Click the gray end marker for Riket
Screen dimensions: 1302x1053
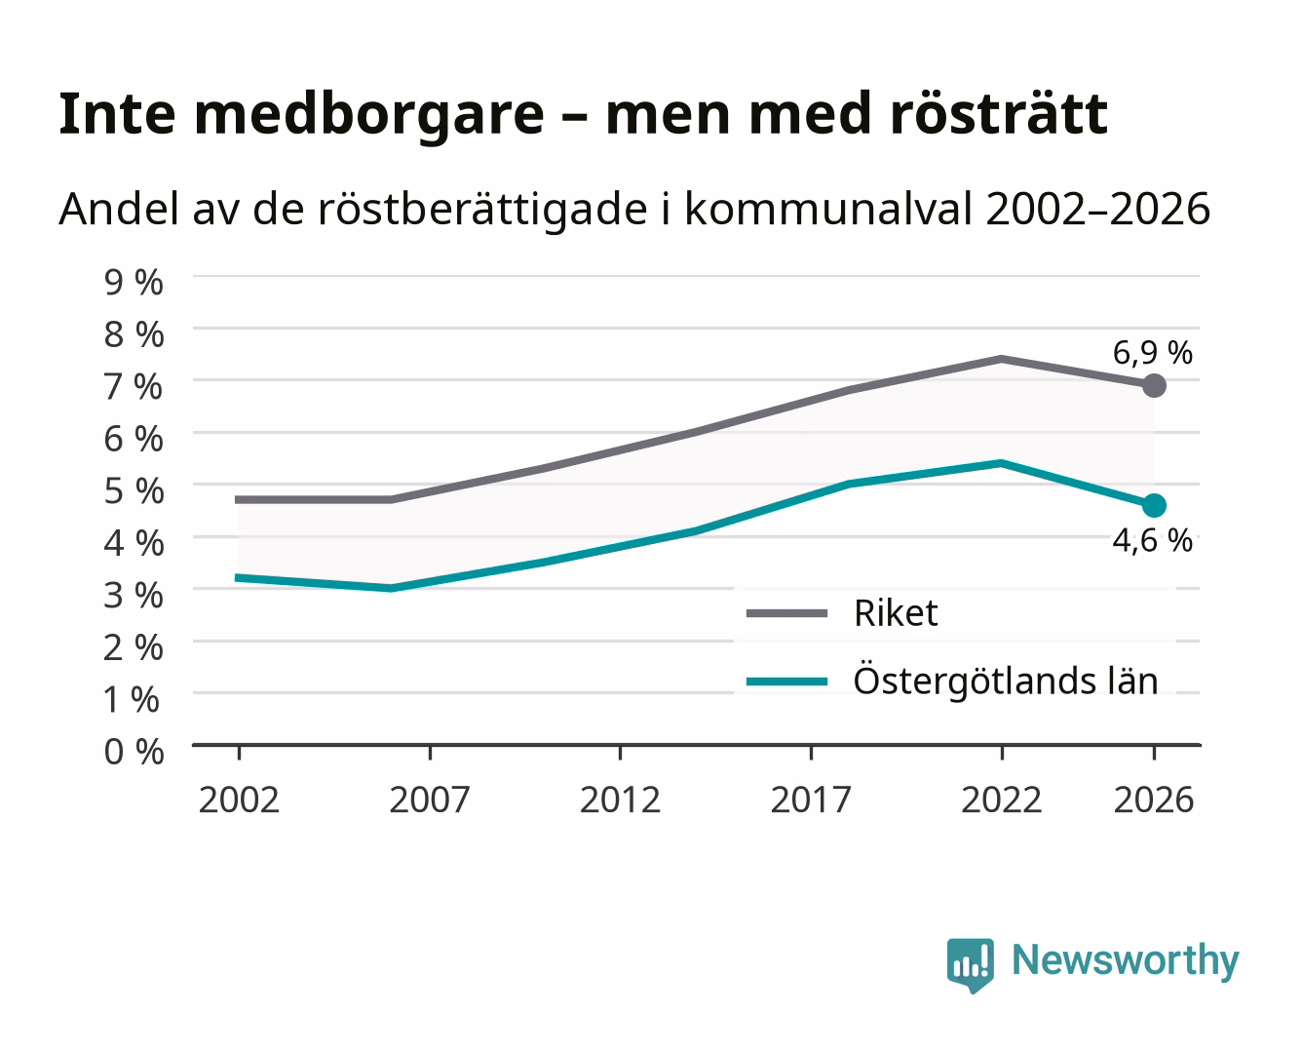1154,385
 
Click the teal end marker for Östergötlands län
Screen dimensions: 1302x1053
1154,505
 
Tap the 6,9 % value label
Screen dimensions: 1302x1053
1152,353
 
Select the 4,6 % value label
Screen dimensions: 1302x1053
1152,540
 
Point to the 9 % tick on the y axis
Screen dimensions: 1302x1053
134,283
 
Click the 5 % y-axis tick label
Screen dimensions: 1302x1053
134,490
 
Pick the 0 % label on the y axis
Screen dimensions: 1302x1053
134,751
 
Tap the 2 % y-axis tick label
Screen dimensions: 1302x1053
134,647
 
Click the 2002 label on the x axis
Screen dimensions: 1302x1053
239,799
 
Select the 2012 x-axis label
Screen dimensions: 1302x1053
621,799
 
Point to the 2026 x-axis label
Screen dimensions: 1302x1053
1154,799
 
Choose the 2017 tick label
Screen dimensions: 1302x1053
811,799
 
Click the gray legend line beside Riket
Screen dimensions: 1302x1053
787,612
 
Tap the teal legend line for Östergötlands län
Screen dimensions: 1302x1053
787,682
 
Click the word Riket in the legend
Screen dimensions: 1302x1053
897,612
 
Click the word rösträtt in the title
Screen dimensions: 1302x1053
999,114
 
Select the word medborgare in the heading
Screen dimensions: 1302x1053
368,117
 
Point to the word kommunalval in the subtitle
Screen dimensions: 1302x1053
828,209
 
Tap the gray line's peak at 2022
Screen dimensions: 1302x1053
1001,359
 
